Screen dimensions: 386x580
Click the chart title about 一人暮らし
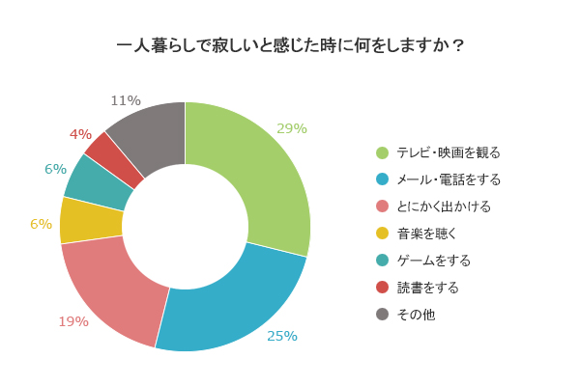point(290,44)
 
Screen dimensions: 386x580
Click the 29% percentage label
point(291,128)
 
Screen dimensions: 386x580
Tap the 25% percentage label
point(282,336)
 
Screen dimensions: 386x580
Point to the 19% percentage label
point(72,321)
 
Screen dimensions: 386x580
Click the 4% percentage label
point(80,134)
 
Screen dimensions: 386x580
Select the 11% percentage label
point(126,100)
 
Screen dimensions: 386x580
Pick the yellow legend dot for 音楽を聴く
point(382,234)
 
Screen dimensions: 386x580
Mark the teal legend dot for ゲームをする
point(382,261)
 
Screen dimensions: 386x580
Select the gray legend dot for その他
point(382,315)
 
